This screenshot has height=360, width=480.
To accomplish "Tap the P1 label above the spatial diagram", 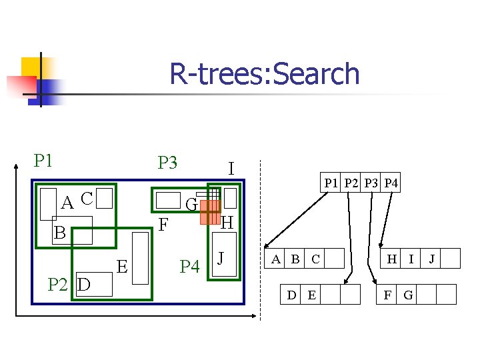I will coord(44,161).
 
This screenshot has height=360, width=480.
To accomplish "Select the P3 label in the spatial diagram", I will coord(167,163).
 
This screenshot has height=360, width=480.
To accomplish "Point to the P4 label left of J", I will coord(190,267).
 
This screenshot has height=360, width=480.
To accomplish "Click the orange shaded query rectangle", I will coord(209,211).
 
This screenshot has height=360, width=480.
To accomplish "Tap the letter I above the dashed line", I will coord(231,168).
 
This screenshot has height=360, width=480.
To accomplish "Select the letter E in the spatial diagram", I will coord(122,267).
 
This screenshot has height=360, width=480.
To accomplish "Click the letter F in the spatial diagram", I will coord(163,226).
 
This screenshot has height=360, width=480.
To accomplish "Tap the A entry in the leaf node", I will coord(275,259).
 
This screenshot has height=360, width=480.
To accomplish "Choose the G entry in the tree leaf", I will coord(408,294).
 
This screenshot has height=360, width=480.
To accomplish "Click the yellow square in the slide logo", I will coord(31,67).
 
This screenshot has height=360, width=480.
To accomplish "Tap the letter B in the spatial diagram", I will coord(60,233).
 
